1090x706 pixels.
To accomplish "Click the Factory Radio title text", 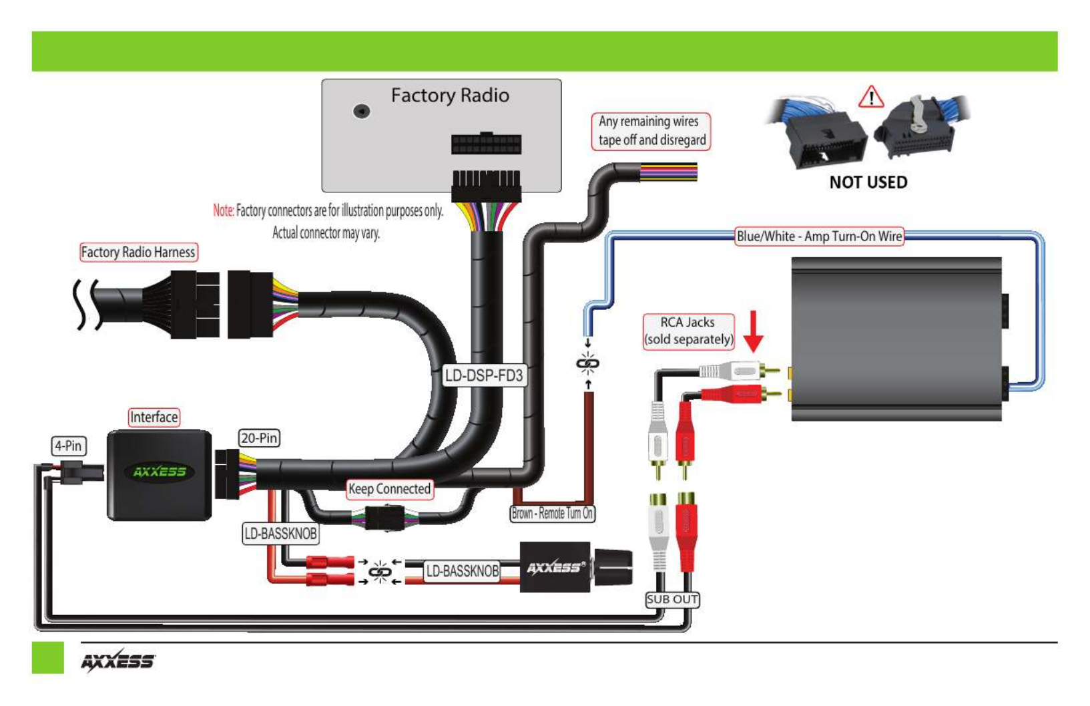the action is click(450, 96).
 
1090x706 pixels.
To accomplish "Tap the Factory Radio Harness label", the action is click(138, 252).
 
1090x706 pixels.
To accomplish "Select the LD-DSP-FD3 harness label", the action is click(484, 375).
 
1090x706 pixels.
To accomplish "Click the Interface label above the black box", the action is click(154, 417).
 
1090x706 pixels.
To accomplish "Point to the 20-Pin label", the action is click(259, 437).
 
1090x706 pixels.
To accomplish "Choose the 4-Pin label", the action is click(69, 446).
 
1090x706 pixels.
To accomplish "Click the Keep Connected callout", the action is click(389, 488).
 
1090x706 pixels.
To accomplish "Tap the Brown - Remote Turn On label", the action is click(552, 513).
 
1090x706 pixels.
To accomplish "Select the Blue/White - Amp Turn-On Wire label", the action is click(820, 236).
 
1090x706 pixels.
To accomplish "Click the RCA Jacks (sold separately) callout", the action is click(688, 331).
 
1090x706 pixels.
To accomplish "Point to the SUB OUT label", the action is click(673, 599).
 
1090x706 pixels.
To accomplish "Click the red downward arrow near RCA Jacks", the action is click(754, 331).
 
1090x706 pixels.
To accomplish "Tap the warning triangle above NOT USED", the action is click(871, 97).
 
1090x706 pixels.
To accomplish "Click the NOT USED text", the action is click(868, 182).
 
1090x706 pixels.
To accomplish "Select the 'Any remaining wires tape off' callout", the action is click(651, 131).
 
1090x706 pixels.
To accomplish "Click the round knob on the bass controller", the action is click(613, 567).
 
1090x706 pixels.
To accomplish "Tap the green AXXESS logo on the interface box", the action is click(159, 472).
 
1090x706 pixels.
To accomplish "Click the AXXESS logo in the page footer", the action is click(117, 661).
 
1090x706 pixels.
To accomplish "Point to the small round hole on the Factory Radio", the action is click(362, 112).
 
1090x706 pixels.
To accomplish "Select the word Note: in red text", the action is click(224, 210).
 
